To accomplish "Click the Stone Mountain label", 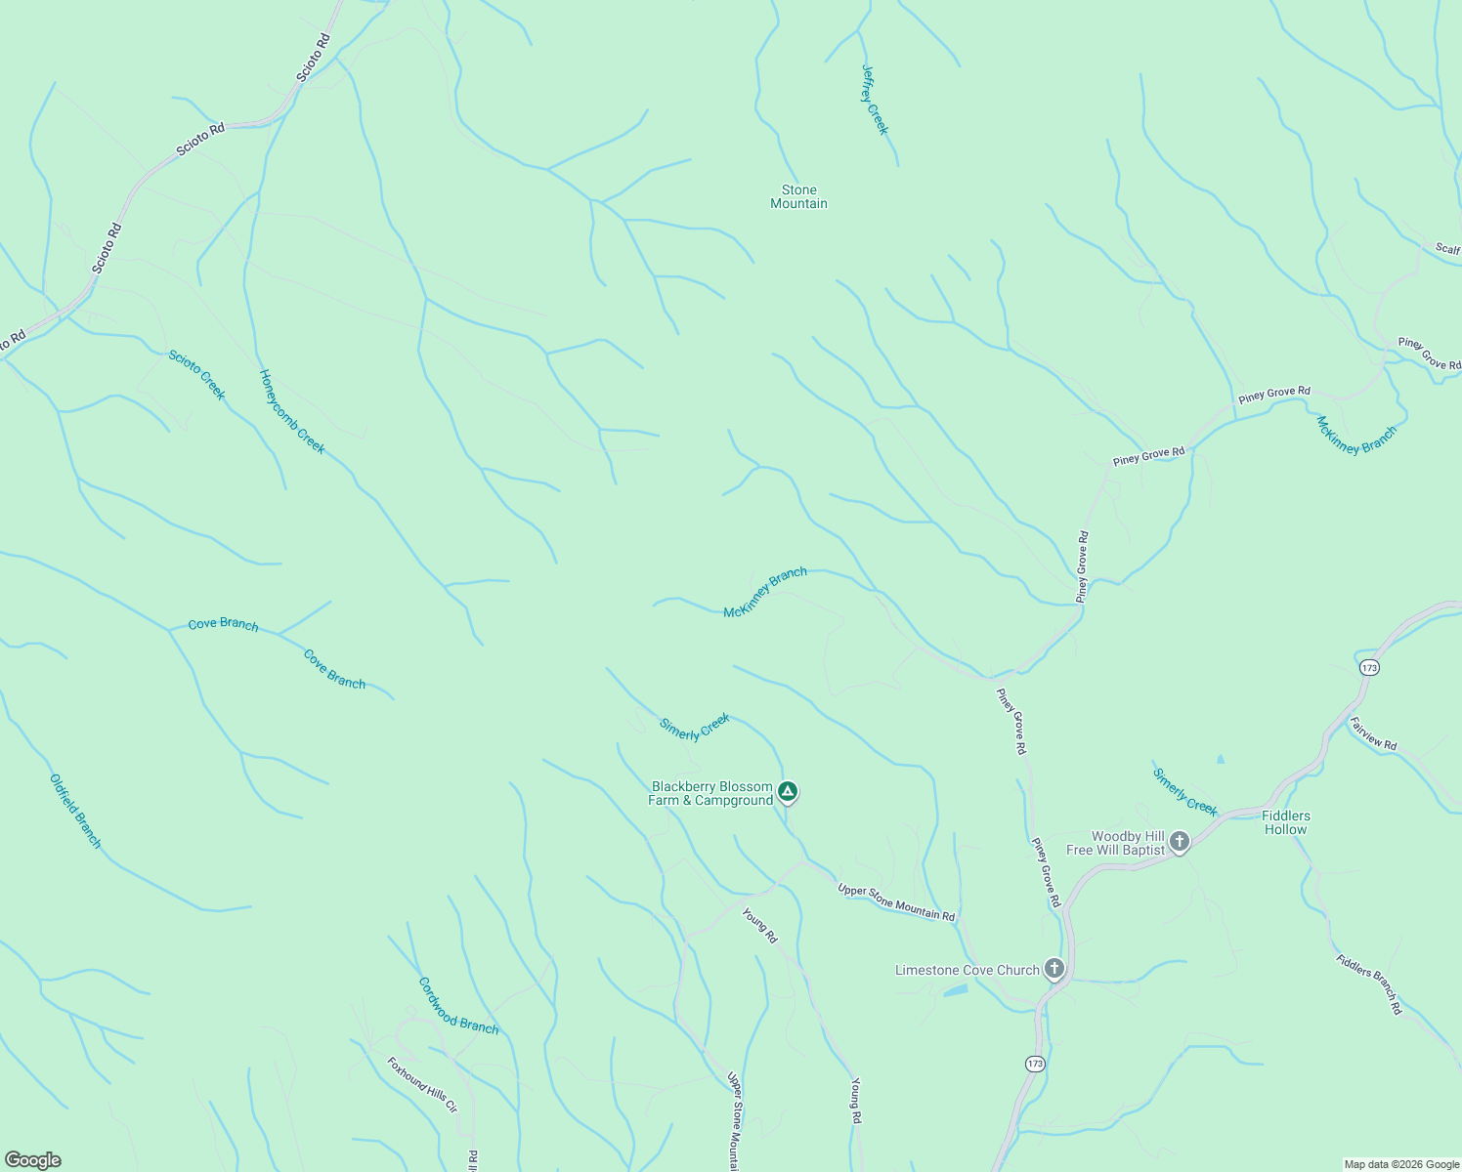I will pos(798,197).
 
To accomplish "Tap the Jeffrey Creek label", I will pos(875,100).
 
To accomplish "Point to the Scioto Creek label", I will pos(196,375).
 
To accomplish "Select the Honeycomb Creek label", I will pos(292,411).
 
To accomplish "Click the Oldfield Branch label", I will pos(75,812).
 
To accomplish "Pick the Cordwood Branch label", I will pos(458,1006).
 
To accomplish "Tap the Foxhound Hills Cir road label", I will pos(422,1085).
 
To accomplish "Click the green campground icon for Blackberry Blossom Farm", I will pos(788,791).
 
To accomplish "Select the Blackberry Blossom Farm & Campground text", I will pos(710,794).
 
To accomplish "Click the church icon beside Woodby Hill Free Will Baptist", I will pos(1180,842).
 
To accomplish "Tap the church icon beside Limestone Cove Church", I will pos(1053,969).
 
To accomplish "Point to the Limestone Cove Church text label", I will pos(967,970).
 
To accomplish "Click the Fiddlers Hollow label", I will pos(1285,822).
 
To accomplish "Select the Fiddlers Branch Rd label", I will pos(1369,984).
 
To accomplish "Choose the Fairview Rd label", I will pos(1373,733).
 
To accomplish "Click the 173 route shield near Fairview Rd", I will pos(1368,668).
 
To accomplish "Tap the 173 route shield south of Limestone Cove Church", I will pos(1035,1064).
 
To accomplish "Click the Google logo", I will pos(33,1160).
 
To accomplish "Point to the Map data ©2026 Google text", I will pos(1400,1164).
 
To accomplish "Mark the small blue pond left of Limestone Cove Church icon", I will pos(955,990).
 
